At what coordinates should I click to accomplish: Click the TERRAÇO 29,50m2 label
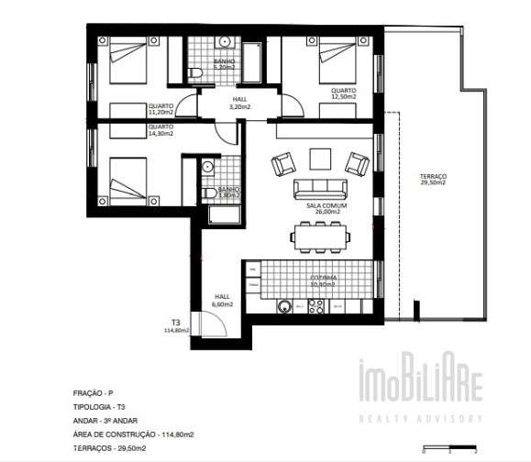click(434, 179)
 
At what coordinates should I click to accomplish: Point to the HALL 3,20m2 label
click(238, 103)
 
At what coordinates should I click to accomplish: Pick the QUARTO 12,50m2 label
click(344, 93)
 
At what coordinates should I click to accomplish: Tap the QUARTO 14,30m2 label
click(160, 130)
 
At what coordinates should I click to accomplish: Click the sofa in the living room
click(318, 190)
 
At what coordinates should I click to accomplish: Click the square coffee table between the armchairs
click(319, 159)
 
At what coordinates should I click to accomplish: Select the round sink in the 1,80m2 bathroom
click(208, 167)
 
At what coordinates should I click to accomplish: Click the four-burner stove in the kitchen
click(318, 310)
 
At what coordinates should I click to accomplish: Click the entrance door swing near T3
click(213, 323)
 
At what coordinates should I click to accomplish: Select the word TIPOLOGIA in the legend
click(93, 404)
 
